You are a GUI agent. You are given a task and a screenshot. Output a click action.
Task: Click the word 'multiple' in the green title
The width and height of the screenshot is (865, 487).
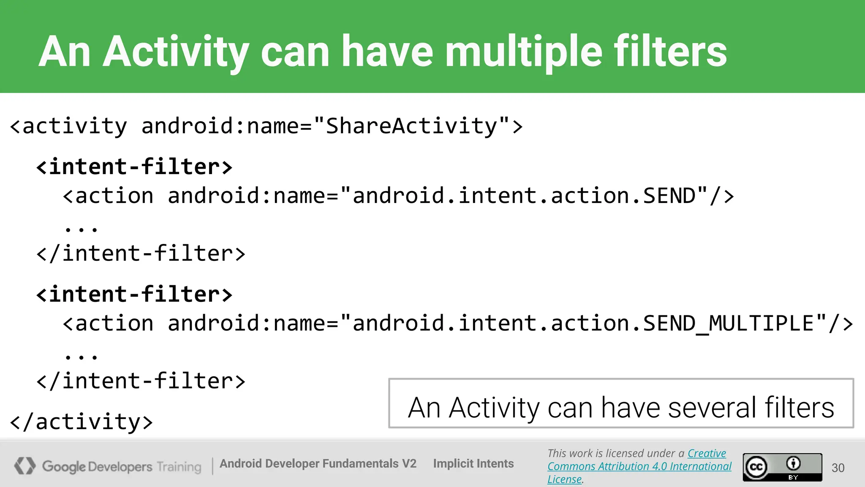tap(524, 52)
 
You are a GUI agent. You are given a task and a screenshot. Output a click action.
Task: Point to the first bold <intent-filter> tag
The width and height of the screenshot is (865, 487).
tap(134, 167)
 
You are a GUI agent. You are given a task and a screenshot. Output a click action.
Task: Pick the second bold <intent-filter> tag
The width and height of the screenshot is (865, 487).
tap(134, 294)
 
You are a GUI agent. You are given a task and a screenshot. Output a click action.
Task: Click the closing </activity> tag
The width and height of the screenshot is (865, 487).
tap(81, 422)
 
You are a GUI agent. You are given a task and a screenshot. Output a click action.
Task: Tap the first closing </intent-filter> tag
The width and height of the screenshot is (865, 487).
tap(141, 254)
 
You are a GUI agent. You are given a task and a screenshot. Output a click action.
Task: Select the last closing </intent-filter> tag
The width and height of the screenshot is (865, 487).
tap(141, 381)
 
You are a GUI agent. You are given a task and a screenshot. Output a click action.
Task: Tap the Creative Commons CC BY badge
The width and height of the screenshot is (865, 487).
tap(782, 467)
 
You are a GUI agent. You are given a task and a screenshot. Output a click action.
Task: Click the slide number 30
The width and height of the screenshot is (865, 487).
tap(838, 468)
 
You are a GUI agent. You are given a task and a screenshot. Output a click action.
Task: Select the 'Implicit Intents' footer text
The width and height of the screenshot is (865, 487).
tap(473, 464)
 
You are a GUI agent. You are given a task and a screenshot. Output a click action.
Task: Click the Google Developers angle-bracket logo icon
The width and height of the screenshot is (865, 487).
tap(24, 466)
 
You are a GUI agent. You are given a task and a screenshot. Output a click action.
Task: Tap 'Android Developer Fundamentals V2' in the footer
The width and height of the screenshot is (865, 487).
tap(318, 464)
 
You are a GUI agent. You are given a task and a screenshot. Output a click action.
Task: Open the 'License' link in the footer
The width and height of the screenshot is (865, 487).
tap(564, 479)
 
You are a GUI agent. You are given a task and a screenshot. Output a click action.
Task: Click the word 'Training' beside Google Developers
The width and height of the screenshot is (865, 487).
tap(179, 467)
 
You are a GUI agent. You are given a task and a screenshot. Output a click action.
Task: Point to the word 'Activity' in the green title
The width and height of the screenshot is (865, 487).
tap(175, 52)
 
